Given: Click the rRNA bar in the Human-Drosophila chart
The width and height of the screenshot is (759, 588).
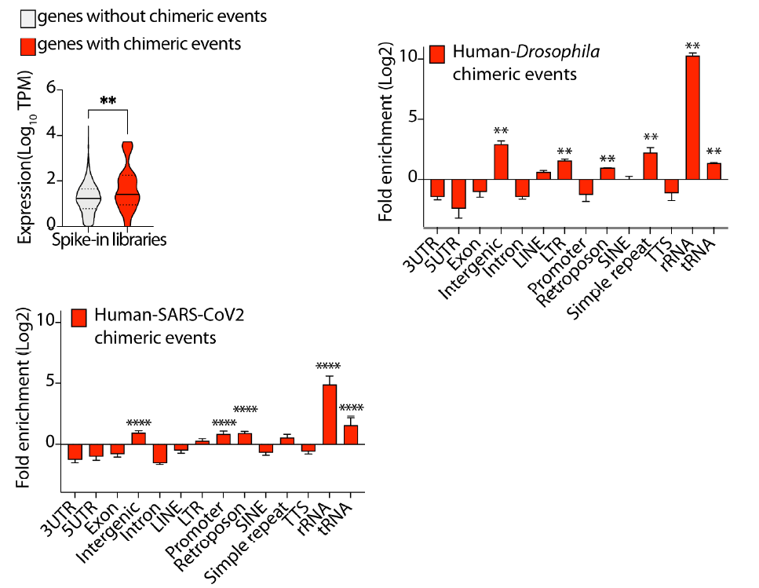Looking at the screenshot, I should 692,118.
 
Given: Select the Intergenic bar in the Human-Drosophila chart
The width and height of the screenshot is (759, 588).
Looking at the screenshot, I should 501,162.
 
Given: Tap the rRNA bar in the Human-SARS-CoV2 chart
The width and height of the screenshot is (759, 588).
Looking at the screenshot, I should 330,415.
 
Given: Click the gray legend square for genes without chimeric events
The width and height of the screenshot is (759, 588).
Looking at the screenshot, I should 27,17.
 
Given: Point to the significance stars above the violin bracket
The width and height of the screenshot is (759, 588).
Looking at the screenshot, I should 108,100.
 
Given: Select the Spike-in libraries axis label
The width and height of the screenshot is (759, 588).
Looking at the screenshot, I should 110,239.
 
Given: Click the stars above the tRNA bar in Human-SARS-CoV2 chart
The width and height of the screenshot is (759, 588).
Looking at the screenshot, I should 351,407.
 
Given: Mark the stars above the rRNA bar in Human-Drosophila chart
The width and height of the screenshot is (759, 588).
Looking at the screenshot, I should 692,46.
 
